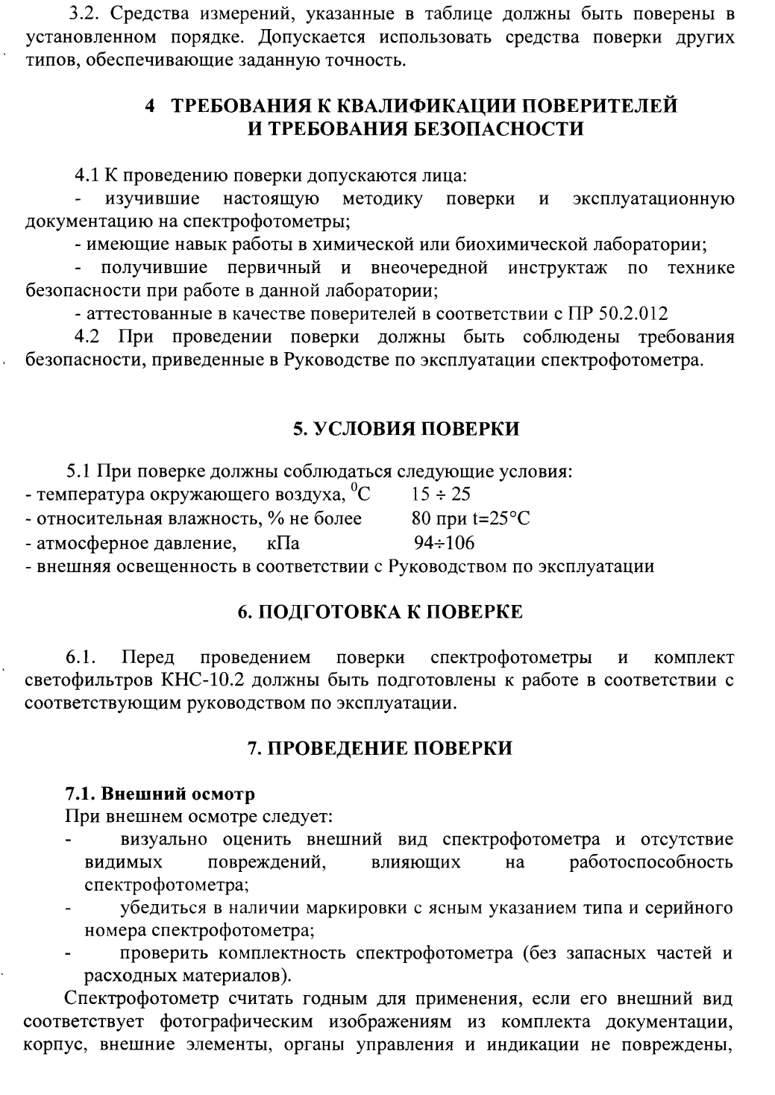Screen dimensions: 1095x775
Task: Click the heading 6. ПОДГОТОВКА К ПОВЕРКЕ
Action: tap(380, 612)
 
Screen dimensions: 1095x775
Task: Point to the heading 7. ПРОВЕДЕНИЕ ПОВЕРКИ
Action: tap(380, 748)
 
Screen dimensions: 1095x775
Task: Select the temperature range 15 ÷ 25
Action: tap(441, 495)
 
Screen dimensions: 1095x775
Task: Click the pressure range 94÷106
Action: tap(445, 542)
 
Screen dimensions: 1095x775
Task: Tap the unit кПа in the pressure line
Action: tap(283, 542)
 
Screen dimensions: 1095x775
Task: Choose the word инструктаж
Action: tap(558, 267)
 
